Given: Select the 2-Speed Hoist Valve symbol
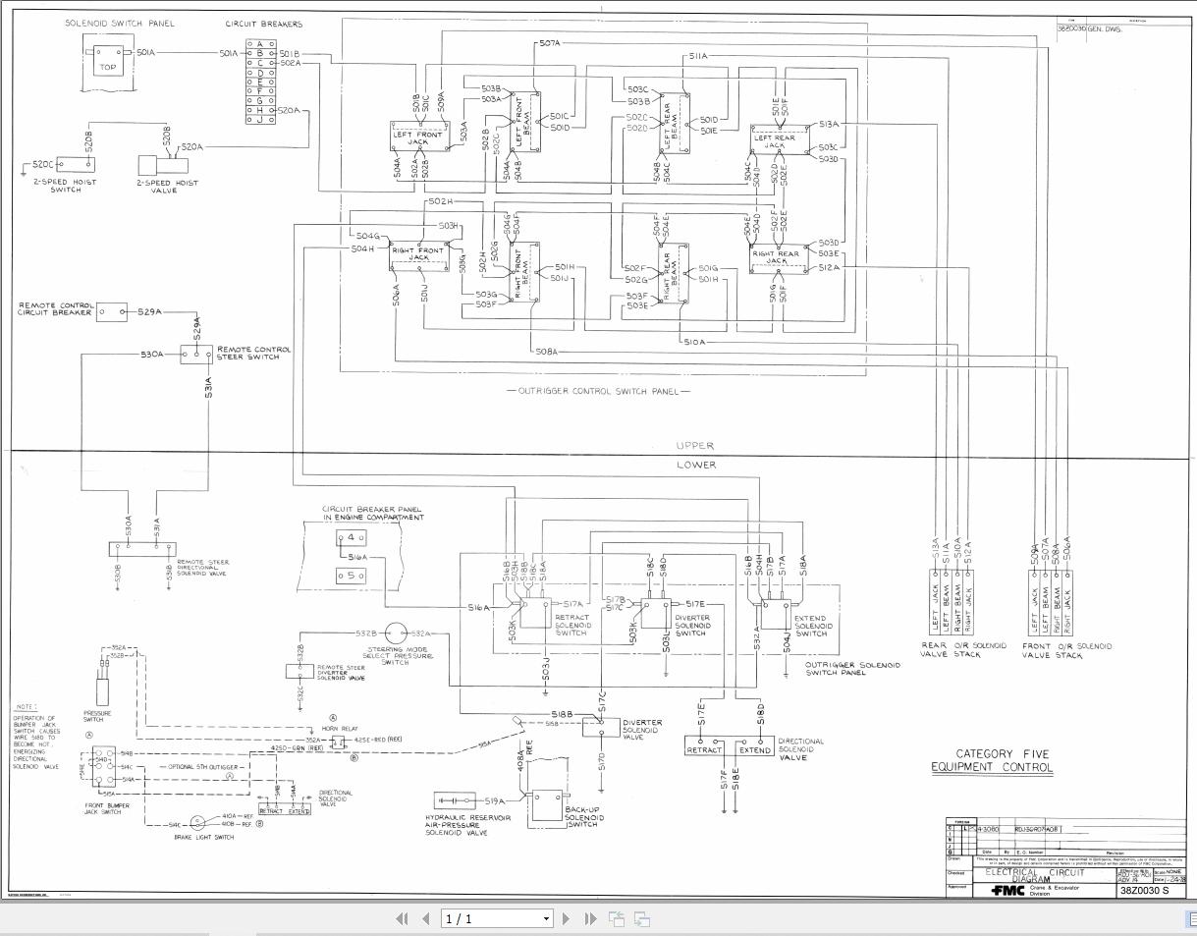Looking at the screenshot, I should tap(154, 165).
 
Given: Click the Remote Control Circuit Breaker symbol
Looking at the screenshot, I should tap(112, 312).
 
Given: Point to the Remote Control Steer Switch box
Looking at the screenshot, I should tap(195, 354).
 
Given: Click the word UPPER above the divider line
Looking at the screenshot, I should tap(695, 446).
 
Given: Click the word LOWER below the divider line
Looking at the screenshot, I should tap(696, 465).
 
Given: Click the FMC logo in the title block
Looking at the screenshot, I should tap(1007, 891).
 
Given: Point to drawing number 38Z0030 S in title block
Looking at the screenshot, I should tap(1144, 890).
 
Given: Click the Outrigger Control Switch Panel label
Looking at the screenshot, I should tap(599, 392).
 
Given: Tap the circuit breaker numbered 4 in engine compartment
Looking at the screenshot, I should tap(351, 537).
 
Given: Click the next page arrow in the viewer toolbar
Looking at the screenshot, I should tap(566, 919).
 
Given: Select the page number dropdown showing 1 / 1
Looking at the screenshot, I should tap(498, 919).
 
